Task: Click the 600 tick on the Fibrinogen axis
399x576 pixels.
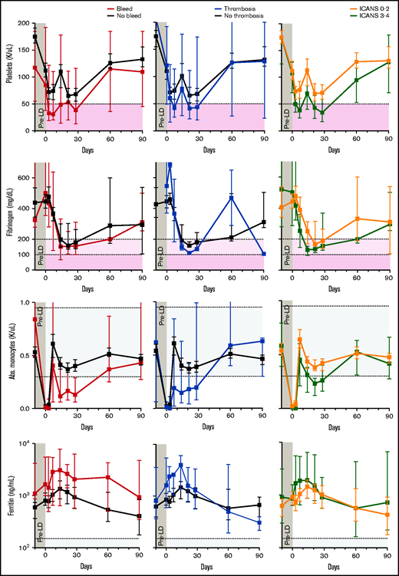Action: click(24, 177)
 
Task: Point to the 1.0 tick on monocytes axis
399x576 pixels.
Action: click(24, 303)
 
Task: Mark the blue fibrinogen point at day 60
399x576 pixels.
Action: click(231, 198)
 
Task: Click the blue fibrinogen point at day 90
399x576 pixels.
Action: click(263, 254)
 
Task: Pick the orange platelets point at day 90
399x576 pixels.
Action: click(389, 61)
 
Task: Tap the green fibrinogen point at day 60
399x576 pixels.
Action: click(357, 239)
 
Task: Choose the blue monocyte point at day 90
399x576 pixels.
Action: click(263, 341)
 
